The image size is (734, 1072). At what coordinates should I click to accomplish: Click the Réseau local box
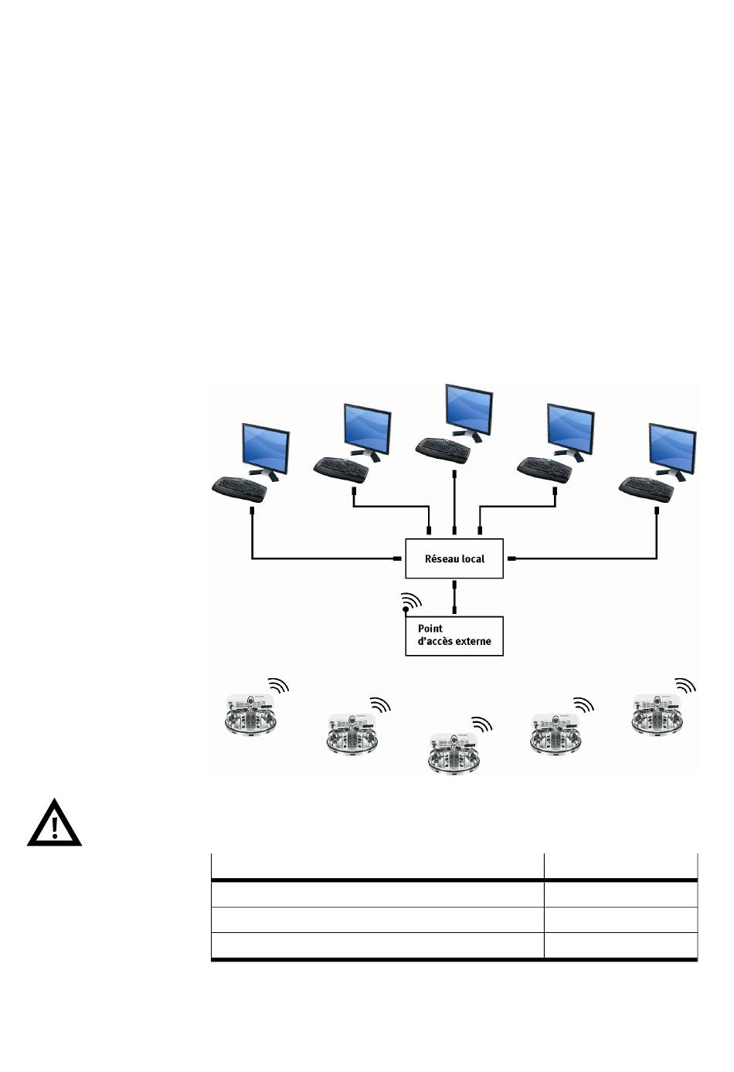pos(454,558)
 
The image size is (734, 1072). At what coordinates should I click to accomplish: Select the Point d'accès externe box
pos(454,636)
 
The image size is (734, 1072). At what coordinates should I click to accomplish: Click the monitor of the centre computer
pos(468,407)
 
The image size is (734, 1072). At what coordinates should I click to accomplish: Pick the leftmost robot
pos(250,715)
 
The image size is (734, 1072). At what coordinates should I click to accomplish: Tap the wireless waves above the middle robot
pos(482,724)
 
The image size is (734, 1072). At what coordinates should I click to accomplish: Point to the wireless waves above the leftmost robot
pos(279,686)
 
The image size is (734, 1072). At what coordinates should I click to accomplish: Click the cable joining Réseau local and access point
pos(454,597)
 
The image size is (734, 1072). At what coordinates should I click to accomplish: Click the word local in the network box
pos(473,558)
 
